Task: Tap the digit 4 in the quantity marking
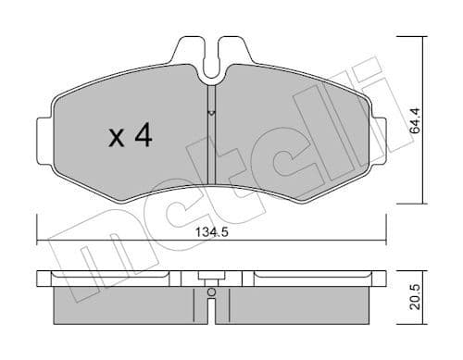tap(144, 136)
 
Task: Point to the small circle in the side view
tap(212, 294)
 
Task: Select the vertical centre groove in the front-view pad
tap(212, 139)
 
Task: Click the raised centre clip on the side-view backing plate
tap(212, 276)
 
